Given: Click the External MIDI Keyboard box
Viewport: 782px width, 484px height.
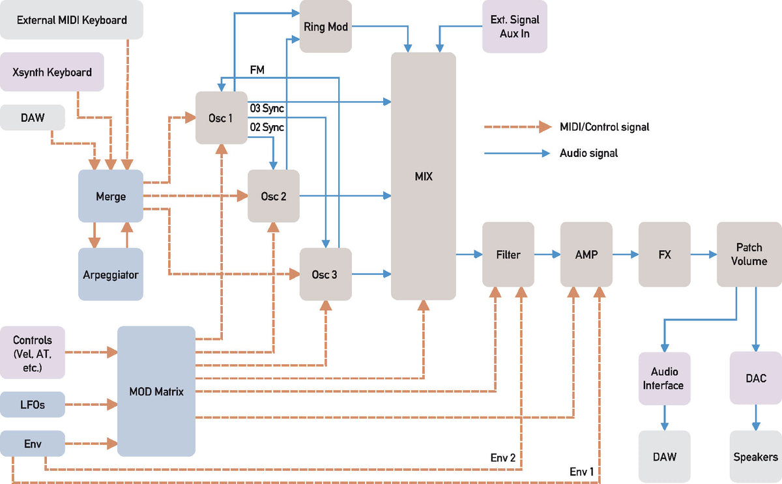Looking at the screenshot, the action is tap(72, 20).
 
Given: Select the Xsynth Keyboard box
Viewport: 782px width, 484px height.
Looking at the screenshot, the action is tap(52, 72).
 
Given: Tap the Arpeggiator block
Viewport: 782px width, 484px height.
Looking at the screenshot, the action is tap(111, 274).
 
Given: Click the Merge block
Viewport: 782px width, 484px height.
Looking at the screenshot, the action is tap(111, 196).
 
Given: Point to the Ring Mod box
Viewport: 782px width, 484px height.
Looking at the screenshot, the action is tap(326, 26).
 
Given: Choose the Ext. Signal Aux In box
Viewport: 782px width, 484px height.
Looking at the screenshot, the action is tap(515, 26).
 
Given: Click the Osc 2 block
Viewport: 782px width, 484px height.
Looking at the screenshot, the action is tap(274, 196).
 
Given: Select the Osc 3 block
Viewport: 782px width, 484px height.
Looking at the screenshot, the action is tap(326, 274).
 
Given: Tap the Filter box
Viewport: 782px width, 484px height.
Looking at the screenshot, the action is tap(508, 255).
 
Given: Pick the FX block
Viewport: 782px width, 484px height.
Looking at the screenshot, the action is tap(665, 255).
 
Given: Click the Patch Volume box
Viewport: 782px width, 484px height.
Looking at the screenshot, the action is tap(749, 255).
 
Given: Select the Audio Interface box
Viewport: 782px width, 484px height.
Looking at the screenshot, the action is tap(665, 378).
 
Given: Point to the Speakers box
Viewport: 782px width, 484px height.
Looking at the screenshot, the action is tap(756, 457).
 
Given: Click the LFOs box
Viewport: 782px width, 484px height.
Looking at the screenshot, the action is tap(33, 405).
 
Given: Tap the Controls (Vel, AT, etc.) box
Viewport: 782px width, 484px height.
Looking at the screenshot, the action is tap(33, 352).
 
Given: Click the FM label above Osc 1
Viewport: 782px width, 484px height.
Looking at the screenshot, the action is tap(257, 70).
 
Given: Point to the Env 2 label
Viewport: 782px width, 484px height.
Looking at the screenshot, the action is tap(503, 457).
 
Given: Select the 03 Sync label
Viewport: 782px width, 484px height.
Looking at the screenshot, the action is tap(267, 108).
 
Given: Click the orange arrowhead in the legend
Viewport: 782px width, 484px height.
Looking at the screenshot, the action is tap(545, 126).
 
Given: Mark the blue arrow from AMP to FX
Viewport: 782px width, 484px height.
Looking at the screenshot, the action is tap(626, 255).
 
